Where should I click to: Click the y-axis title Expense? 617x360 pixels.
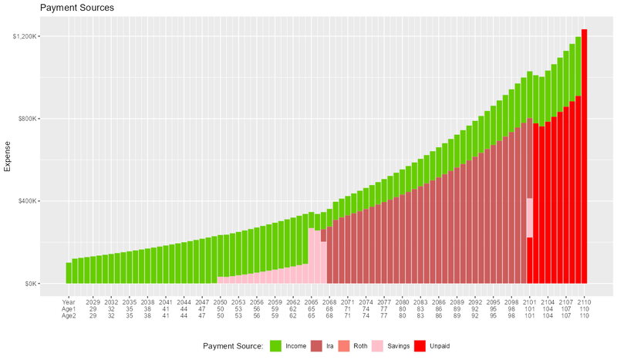point(9,160)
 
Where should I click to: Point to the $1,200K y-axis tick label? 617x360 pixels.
point(38,37)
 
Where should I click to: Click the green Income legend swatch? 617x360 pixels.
point(276,345)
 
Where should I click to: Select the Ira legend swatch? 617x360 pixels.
point(316,345)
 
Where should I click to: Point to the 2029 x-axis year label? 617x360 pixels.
point(93,301)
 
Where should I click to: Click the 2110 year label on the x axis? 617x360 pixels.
point(584,301)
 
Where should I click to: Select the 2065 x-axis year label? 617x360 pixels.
point(312,301)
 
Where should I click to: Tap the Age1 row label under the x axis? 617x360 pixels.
point(69,308)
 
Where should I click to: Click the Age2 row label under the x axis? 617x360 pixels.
point(69,315)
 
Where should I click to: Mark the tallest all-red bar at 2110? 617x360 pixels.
point(585,154)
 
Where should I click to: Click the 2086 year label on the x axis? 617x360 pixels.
point(439,301)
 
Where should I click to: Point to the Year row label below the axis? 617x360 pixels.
point(69,301)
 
